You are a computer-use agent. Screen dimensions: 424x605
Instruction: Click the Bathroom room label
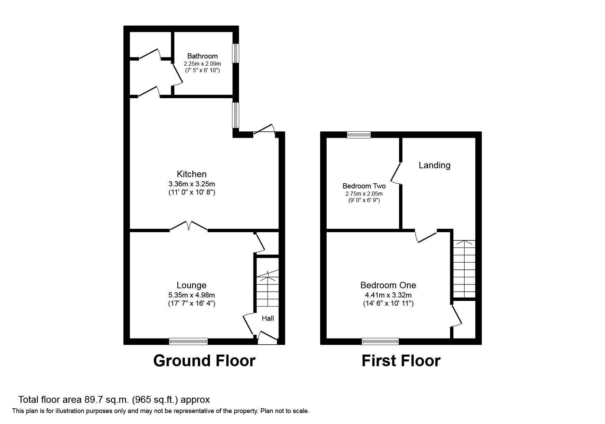tap(202, 56)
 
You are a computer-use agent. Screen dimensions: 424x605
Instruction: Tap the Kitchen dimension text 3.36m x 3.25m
tap(191, 184)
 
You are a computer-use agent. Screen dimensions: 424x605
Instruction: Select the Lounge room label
tap(191, 285)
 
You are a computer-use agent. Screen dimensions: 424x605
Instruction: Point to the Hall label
tap(268, 318)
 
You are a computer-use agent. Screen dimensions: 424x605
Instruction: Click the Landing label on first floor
tap(435, 165)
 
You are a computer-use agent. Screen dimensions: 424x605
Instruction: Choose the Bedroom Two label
tap(364, 186)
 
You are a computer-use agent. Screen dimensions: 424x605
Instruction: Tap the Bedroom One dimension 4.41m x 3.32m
tap(388, 295)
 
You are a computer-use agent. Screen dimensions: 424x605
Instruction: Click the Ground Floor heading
tap(204, 361)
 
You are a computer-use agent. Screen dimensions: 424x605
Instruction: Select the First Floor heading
tap(401, 361)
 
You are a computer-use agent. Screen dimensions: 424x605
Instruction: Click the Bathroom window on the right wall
tap(236, 53)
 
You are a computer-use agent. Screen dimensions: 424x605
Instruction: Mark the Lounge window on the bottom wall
tap(188, 341)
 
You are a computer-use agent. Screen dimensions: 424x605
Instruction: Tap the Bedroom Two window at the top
tap(359, 135)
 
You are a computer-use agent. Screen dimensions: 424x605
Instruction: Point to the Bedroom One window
tap(380, 341)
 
